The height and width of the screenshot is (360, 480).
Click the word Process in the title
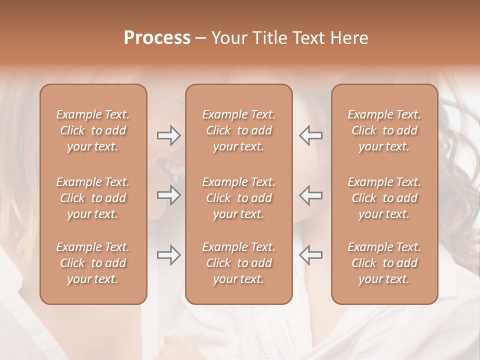[x=157, y=38]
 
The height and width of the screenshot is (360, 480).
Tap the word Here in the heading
[x=349, y=38]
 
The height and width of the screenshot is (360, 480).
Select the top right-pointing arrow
[x=169, y=135]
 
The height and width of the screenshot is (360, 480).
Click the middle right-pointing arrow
[x=169, y=195]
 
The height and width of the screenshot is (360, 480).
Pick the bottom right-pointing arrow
[x=169, y=255]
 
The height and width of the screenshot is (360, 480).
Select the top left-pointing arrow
[x=310, y=135]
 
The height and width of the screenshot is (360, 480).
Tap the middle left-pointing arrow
[x=310, y=195]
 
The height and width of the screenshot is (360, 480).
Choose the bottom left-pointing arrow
[x=310, y=255]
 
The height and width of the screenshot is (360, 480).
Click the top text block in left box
[x=93, y=130]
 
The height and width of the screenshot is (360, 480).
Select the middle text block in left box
[x=93, y=198]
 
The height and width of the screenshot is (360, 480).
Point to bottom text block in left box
[x=93, y=263]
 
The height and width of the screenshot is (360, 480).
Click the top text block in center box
[x=239, y=130]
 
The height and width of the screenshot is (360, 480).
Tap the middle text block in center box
[x=239, y=198]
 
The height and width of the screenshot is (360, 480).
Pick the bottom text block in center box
[x=239, y=263]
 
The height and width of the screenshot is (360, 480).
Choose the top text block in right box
[x=384, y=130]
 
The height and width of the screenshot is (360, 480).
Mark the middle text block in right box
[x=384, y=198]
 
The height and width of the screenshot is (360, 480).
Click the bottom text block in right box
[x=384, y=263]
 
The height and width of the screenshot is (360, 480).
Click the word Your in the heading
[x=228, y=38]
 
